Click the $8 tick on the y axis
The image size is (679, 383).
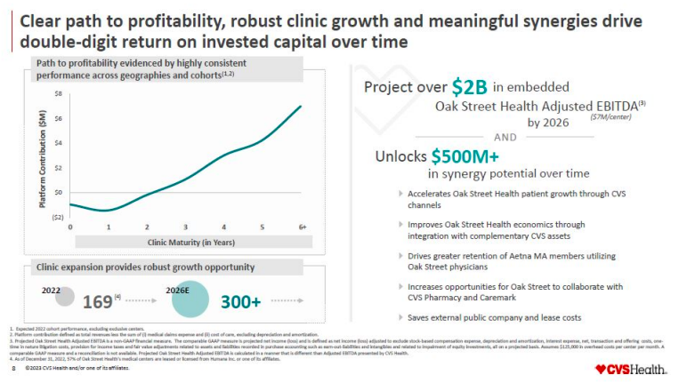58,93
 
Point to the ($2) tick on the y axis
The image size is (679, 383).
57,217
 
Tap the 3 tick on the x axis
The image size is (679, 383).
186,227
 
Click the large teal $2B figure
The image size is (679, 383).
469,87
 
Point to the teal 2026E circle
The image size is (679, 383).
190,299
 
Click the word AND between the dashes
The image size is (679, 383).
505,137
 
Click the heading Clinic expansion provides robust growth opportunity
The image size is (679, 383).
144,267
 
